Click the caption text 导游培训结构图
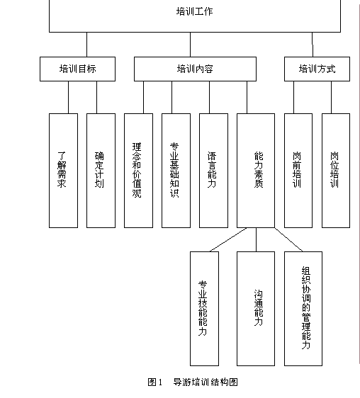coord(206,382)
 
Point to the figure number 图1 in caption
coord(155,382)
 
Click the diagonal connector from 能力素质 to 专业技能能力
coord(228,239)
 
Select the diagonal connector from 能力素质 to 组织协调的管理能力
coord(288,239)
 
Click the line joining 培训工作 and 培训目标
coord(86,45)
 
